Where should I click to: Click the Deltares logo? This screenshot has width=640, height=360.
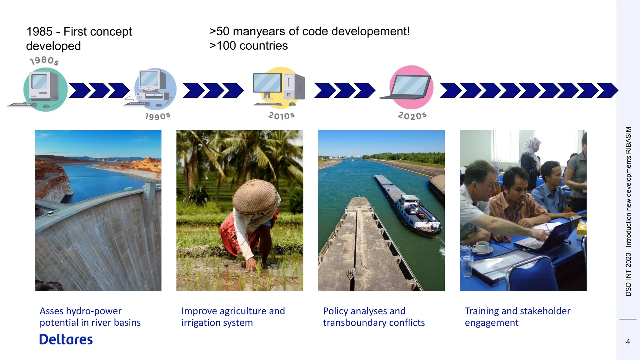[x=66, y=340]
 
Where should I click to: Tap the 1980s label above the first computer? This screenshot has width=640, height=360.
[x=44, y=60]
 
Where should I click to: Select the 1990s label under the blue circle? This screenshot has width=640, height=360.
[x=158, y=116]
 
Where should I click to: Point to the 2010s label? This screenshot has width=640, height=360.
[x=281, y=116]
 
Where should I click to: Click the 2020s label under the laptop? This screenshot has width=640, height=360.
[x=412, y=116]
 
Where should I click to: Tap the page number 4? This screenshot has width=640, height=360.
[x=628, y=342]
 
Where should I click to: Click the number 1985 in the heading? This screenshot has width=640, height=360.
[x=39, y=32]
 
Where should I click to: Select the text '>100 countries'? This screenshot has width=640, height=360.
[x=248, y=46]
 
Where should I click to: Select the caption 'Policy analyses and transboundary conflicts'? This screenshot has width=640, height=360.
[x=373, y=317]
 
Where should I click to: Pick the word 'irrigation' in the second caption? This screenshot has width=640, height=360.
[x=202, y=322]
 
